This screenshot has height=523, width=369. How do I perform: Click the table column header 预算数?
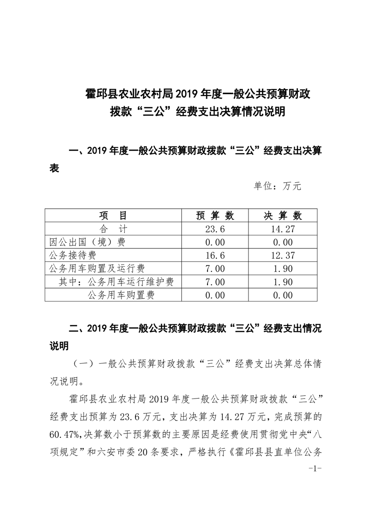[215, 215]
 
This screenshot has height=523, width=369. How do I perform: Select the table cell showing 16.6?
[215, 255]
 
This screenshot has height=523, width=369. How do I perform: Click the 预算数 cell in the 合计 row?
[215, 229]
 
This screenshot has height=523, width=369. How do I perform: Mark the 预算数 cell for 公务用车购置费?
[215, 295]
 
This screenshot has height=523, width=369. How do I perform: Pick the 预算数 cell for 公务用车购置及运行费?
[215, 268]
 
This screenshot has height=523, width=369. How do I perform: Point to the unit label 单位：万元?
[278, 186]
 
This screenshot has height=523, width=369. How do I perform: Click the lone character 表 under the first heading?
[54, 168]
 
